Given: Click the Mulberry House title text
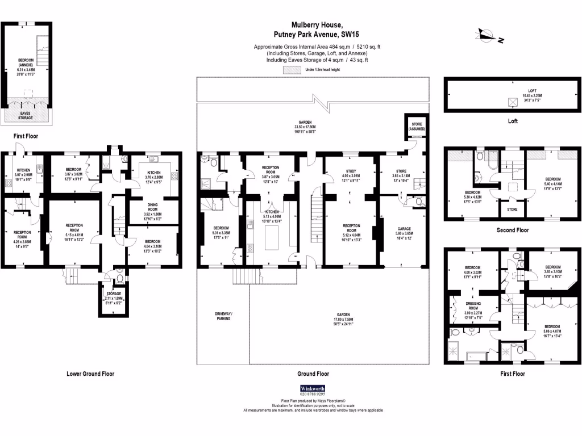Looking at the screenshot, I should [317, 25].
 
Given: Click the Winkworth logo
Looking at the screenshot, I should [313, 389].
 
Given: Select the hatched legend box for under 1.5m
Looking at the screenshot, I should [292, 69].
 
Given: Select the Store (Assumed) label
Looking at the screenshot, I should [415, 126].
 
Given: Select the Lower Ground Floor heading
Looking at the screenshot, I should [90, 374].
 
